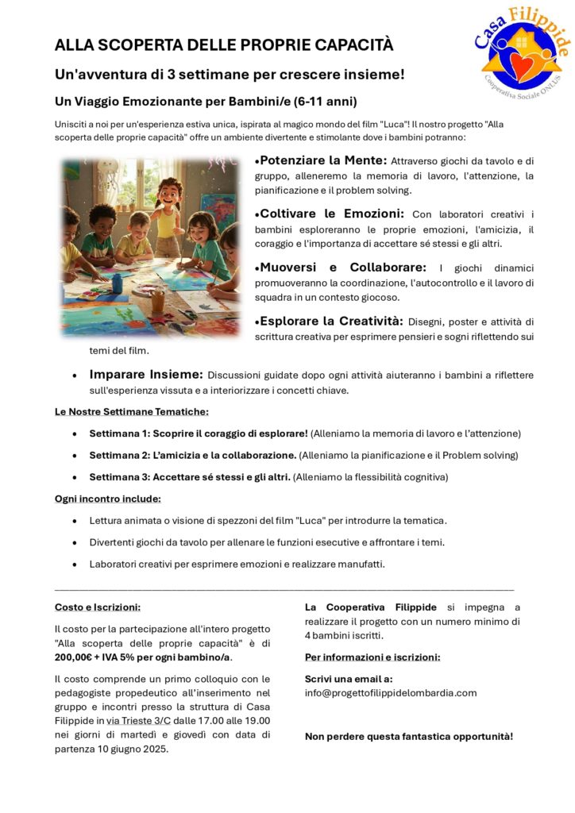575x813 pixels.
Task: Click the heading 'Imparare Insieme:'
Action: (146, 375)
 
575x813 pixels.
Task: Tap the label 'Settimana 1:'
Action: (119, 433)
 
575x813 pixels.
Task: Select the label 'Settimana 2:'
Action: (119, 455)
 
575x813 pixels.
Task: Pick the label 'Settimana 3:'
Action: (119, 477)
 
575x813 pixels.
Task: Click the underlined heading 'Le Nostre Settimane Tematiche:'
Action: (132, 411)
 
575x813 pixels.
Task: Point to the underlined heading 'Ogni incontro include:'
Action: (108, 499)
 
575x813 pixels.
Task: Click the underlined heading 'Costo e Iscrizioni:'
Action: (98, 607)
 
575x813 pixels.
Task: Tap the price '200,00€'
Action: (79, 657)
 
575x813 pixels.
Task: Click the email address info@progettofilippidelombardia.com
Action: (391, 692)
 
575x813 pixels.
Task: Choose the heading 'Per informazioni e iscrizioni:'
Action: (372, 657)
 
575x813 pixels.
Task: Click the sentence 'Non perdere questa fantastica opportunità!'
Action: (409, 736)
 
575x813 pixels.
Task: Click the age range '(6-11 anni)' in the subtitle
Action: (325, 102)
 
